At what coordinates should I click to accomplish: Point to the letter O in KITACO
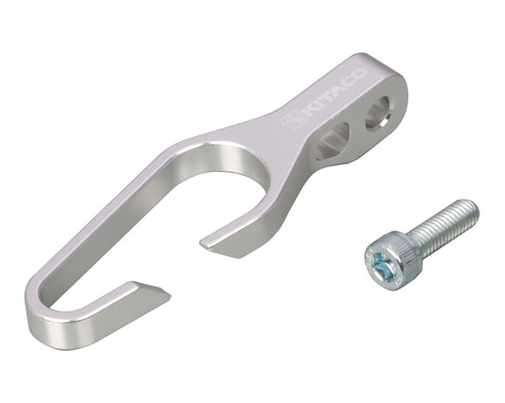tap(360, 74)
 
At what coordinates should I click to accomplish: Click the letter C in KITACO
tap(350, 81)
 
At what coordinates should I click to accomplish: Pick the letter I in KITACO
tap(316, 104)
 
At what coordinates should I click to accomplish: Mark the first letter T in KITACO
tap(326, 97)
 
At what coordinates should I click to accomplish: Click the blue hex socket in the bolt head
tap(380, 265)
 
